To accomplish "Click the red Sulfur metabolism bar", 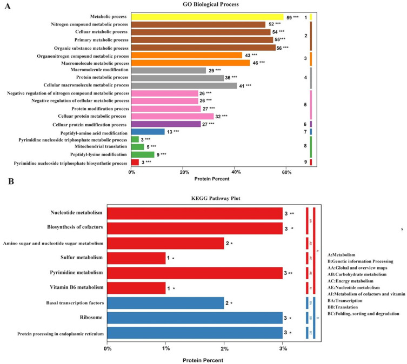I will point(136,258).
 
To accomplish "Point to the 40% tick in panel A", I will point(236,172).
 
